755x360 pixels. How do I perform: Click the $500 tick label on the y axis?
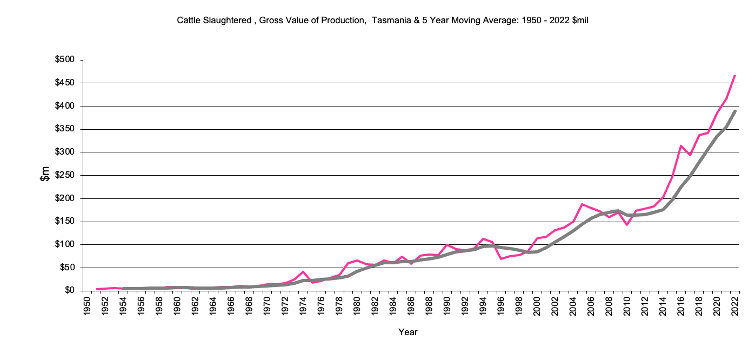(x=65, y=60)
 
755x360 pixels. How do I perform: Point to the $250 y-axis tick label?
(x=65, y=175)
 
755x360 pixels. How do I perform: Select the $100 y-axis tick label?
(x=65, y=244)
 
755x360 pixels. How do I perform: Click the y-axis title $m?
(x=46, y=174)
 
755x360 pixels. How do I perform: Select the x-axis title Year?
(x=407, y=332)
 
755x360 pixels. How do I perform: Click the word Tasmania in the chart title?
(x=389, y=21)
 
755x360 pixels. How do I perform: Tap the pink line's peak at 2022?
(x=735, y=76)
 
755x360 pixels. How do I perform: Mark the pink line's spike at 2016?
(x=681, y=145)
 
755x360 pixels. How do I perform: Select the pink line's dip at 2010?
(x=627, y=224)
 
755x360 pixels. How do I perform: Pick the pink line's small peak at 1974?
(x=303, y=272)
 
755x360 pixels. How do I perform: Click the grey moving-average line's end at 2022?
(x=735, y=111)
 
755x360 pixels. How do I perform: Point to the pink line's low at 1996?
(x=501, y=259)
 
